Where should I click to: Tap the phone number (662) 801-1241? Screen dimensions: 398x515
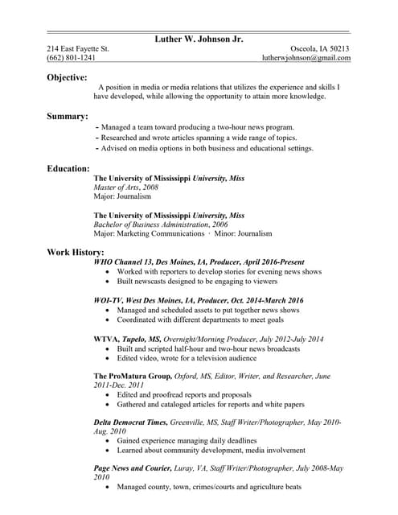coord(71,58)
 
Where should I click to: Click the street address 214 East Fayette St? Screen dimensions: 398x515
coord(77,48)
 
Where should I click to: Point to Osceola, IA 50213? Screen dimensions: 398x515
coord(320,48)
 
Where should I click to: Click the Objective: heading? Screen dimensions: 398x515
coord(67,77)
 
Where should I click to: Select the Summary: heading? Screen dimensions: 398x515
coord(68,117)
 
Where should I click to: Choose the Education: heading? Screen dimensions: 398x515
coord(68,168)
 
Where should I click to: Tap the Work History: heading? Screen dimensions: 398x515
coord(76,253)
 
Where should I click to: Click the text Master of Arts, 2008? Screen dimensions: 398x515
coord(126,187)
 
